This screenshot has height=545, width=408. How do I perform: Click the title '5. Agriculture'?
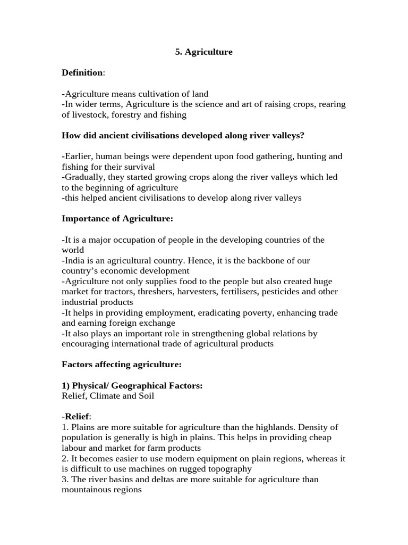pos(204,52)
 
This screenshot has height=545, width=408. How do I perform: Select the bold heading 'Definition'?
pos(82,73)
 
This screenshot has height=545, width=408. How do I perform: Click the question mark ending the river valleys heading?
pos(302,136)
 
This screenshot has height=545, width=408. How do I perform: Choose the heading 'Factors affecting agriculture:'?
pos(122,365)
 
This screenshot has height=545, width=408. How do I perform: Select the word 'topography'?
pos(224,469)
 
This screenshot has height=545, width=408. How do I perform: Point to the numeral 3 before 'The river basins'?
pos(64,480)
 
